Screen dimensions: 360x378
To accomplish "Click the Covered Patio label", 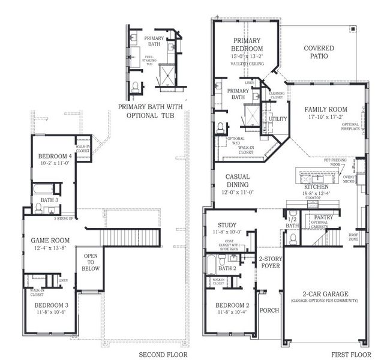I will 319,52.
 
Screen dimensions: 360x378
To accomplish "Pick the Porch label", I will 270,310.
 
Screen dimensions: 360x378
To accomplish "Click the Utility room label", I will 278,119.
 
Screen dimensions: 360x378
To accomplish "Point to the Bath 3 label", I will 50,200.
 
